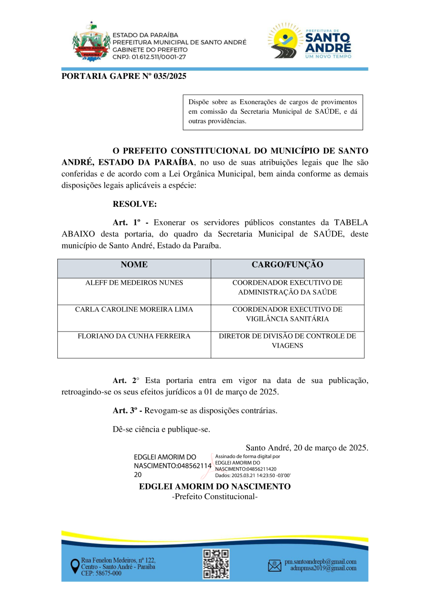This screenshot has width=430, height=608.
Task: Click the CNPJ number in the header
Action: coord(149,57)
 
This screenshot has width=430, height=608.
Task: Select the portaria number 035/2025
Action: coord(170,76)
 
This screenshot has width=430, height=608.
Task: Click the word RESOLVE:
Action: coord(135,204)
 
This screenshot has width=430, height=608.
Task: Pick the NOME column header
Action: coord(134,265)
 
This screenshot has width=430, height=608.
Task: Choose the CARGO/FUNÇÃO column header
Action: coord(287,265)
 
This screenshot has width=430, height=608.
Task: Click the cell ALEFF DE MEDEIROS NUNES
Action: coord(134,283)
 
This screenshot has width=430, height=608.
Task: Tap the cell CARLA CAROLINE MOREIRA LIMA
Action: coord(134,309)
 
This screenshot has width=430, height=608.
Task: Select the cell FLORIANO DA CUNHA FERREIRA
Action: coord(134,336)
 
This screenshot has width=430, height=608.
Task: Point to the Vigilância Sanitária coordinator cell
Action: coord(287,314)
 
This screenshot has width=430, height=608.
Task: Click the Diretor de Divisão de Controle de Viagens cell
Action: coord(287,341)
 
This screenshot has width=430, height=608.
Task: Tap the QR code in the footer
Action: coord(216,564)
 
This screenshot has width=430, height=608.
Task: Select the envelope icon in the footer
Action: coord(275,565)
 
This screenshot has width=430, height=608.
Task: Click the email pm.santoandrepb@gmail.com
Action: coord(320,562)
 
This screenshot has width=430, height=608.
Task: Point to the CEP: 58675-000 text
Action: coord(101,573)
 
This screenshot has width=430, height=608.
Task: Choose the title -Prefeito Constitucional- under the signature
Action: coord(215,497)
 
